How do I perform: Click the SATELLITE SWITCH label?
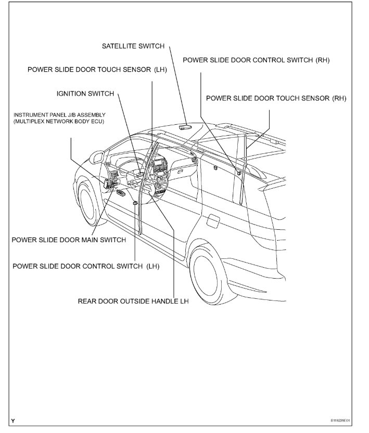click(x=133, y=46)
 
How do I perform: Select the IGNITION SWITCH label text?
click(x=85, y=94)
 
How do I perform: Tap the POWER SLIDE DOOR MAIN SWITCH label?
click(x=69, y=240)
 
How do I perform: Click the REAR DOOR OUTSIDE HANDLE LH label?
click(x=133, y=300)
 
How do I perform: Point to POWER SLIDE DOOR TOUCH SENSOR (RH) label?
click(x=276, y=98)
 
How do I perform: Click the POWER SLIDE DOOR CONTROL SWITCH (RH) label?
click(x=256, y=60)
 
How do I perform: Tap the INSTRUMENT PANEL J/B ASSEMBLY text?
click(x=59, y=114)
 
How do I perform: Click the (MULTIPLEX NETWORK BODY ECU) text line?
click(x=59, y=121)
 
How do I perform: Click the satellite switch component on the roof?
click(x=185, y=126)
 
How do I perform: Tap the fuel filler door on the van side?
click(x=213, y=220)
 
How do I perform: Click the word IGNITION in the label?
click(x=71, y=94)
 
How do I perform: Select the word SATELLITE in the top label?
click(x=119, y=46)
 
